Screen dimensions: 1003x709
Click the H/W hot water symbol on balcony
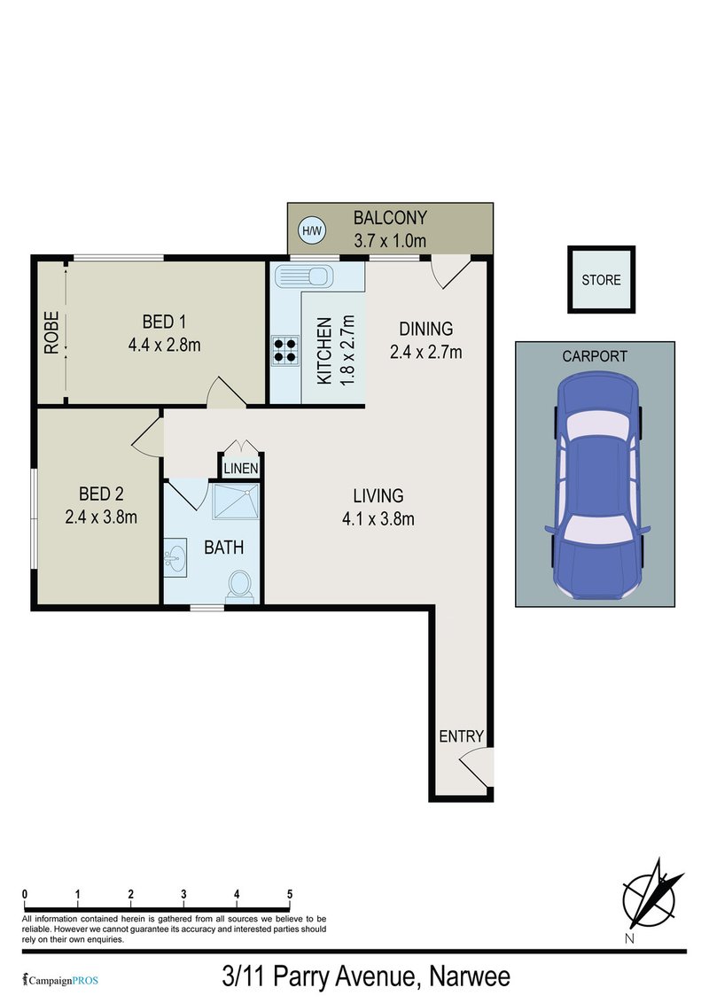click(x=311, y=231)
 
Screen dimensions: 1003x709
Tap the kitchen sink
click(x=302, y=276)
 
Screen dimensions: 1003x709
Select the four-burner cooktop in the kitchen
click(x=284, y=349)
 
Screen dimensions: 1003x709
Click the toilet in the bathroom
click(x=238, y=586)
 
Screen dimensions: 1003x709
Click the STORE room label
click(x=601, y=280)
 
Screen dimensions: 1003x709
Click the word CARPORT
click(x=595, y=356)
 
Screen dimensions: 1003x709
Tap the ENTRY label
click(x=461, y=735)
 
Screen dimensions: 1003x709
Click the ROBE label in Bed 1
click(x=51, y=332)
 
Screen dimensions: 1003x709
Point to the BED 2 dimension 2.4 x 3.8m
click(x=101, y=517)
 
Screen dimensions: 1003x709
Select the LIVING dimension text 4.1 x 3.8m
click(x=378, y=518)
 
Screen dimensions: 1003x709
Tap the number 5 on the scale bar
click(x=290, y=893)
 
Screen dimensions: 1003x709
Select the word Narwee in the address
click(x=470, y=977)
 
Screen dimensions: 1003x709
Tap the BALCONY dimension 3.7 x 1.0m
click(x=390, y=240)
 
